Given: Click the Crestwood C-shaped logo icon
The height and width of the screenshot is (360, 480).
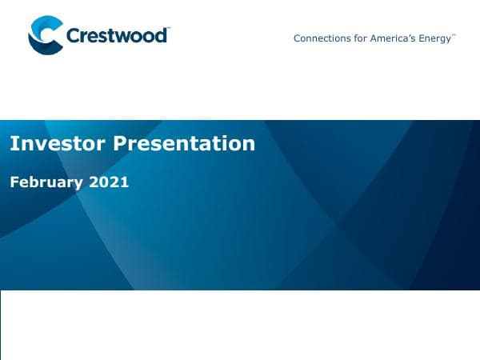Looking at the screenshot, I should [45, 36].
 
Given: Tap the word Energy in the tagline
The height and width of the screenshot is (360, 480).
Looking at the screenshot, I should [436, 38].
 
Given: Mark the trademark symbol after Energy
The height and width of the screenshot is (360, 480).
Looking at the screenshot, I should [454, 35].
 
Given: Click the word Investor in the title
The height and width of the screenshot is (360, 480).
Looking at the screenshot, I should [58, 143].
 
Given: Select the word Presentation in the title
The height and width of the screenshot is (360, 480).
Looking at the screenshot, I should [184, 143].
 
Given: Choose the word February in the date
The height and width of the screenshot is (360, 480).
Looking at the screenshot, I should [46, 182].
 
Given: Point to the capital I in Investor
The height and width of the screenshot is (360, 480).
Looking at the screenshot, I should [12, 143].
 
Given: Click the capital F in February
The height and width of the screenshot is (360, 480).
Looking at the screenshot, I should [14, 182].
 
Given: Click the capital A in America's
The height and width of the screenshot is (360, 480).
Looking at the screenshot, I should [373, 38].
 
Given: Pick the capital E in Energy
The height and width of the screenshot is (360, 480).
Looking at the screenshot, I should [423, 38].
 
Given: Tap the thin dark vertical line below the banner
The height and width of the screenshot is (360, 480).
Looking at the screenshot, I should [1, 324].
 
